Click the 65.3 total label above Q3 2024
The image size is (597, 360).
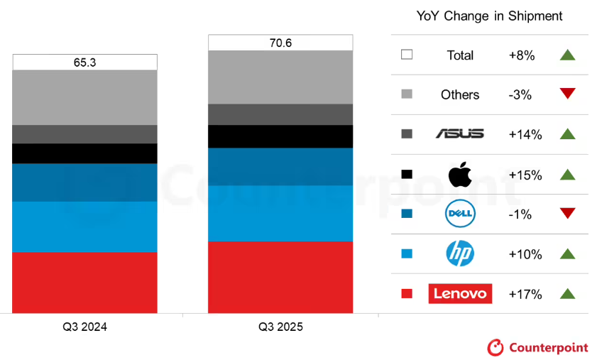[84, 62]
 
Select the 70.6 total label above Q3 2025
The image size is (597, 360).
[280, 43]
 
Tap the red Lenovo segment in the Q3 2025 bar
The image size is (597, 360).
[280, 277]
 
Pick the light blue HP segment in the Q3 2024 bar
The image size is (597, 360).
[84, 227]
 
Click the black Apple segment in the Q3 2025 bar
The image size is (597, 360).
[280, 136]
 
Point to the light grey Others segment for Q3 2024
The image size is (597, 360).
[84, 97]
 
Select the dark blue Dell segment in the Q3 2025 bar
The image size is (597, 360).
[280, 166]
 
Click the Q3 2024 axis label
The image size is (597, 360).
[84, 327]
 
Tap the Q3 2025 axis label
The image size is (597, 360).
[280, 327]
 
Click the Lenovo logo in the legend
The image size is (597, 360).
[460, 293]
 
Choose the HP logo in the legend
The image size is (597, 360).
[460, 253]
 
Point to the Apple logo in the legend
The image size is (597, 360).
[460, 174]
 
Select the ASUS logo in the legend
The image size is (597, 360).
[460, 133]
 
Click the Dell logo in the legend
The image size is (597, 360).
[460, 214]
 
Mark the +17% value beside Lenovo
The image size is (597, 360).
[525, 294]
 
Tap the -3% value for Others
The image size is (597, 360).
[520, 94]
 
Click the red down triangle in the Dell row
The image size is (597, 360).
[567, 214]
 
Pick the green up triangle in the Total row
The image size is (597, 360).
[567, 55]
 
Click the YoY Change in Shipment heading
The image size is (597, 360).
[488, 16]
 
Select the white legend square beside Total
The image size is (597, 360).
[407, 55]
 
